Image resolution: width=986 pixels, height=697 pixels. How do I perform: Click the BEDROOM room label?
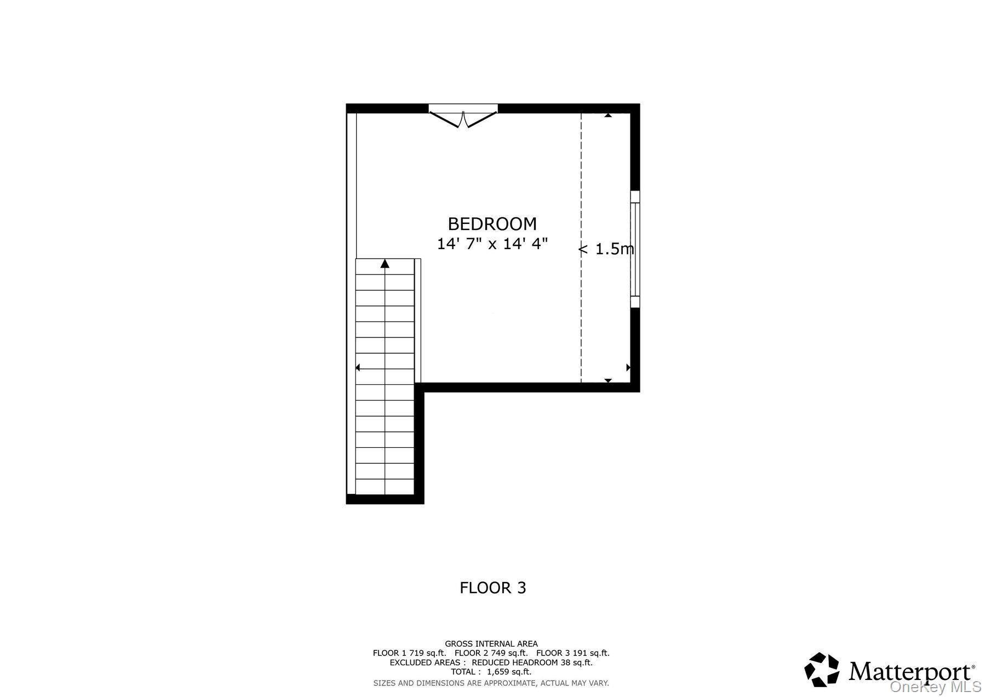492,224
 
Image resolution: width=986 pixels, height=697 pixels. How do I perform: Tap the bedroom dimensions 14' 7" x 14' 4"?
492,244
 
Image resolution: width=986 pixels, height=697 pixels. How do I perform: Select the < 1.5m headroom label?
606,249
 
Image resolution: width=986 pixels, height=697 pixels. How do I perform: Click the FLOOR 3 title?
492,587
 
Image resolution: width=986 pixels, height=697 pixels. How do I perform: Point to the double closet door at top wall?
463,117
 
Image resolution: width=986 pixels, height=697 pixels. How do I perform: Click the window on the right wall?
635,249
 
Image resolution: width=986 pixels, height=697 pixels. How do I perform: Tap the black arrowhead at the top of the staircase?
385,263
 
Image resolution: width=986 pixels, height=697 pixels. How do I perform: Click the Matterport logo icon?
822,669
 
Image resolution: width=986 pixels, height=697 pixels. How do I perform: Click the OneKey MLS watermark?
936,687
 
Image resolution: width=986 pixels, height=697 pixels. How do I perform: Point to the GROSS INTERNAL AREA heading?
491,644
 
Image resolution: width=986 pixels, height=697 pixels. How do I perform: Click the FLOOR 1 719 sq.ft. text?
409,653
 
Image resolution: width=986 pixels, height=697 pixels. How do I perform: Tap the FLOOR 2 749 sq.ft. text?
491,653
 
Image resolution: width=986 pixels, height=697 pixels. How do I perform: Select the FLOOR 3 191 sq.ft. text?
573,653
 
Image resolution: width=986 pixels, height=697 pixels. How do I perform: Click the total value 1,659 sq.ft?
509,672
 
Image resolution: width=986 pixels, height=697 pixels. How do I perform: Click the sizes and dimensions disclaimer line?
491,683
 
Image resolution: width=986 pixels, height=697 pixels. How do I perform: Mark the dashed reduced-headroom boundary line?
581,247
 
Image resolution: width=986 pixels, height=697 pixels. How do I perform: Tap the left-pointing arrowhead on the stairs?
358,367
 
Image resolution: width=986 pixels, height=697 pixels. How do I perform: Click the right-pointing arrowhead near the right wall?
628,367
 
